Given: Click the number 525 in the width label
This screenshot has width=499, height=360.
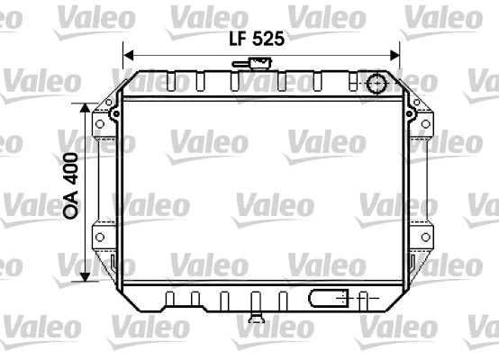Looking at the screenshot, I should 268,39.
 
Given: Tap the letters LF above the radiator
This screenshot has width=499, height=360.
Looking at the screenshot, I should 236,39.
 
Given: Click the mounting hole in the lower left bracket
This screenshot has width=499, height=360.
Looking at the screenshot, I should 100,238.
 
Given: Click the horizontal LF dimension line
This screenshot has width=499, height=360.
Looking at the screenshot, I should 180,53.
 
